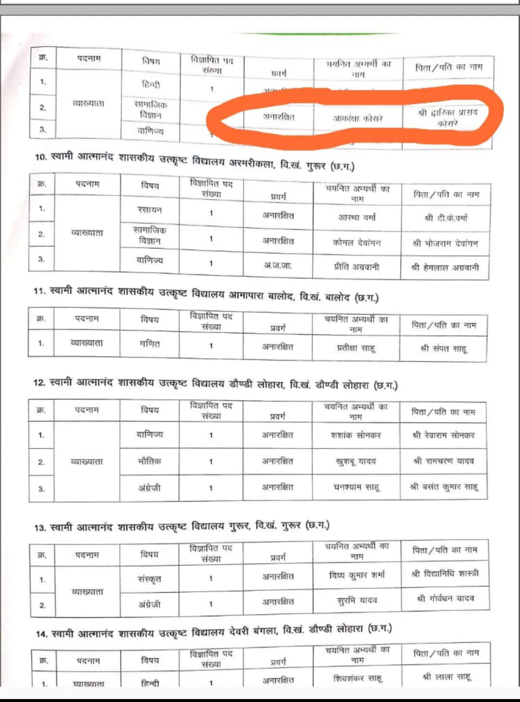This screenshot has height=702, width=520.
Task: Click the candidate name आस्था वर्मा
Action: point(357,217)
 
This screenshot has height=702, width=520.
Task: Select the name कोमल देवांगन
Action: point(357,243)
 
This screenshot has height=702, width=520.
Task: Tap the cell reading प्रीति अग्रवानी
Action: point(357,266)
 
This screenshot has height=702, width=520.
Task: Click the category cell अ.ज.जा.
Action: point(278,265)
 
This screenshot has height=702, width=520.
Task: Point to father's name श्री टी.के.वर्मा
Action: point(446,218)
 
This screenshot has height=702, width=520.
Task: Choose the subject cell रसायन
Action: point(150,210)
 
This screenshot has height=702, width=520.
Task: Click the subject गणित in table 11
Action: point(150,344)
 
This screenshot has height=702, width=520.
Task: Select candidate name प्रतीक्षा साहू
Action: point(356,347)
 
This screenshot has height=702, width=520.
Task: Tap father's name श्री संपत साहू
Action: point(443,348)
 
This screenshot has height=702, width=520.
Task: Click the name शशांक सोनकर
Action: point(356,435)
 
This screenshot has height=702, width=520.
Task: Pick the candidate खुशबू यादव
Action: point(356,461)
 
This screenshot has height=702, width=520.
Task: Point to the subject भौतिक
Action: point(150,461)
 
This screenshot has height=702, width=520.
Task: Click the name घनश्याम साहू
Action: point(356,487)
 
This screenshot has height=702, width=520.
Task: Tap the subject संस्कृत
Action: point(150,579)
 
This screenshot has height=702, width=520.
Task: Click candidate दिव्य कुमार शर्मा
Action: point(357,575)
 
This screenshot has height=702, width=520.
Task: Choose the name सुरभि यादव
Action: point(357,600)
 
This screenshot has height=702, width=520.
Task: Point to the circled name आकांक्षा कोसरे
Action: point(358,118)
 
